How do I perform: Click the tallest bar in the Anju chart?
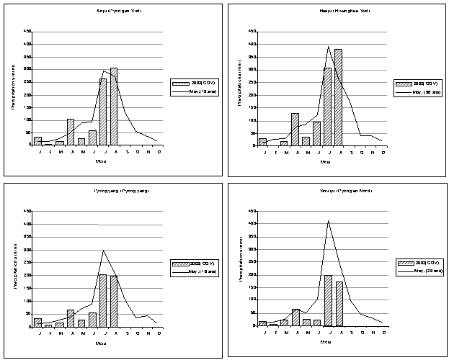114,107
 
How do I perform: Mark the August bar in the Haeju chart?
339,97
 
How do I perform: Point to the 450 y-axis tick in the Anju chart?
27,31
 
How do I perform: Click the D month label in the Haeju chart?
382,152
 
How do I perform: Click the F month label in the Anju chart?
48,150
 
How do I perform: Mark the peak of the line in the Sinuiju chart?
328,221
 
